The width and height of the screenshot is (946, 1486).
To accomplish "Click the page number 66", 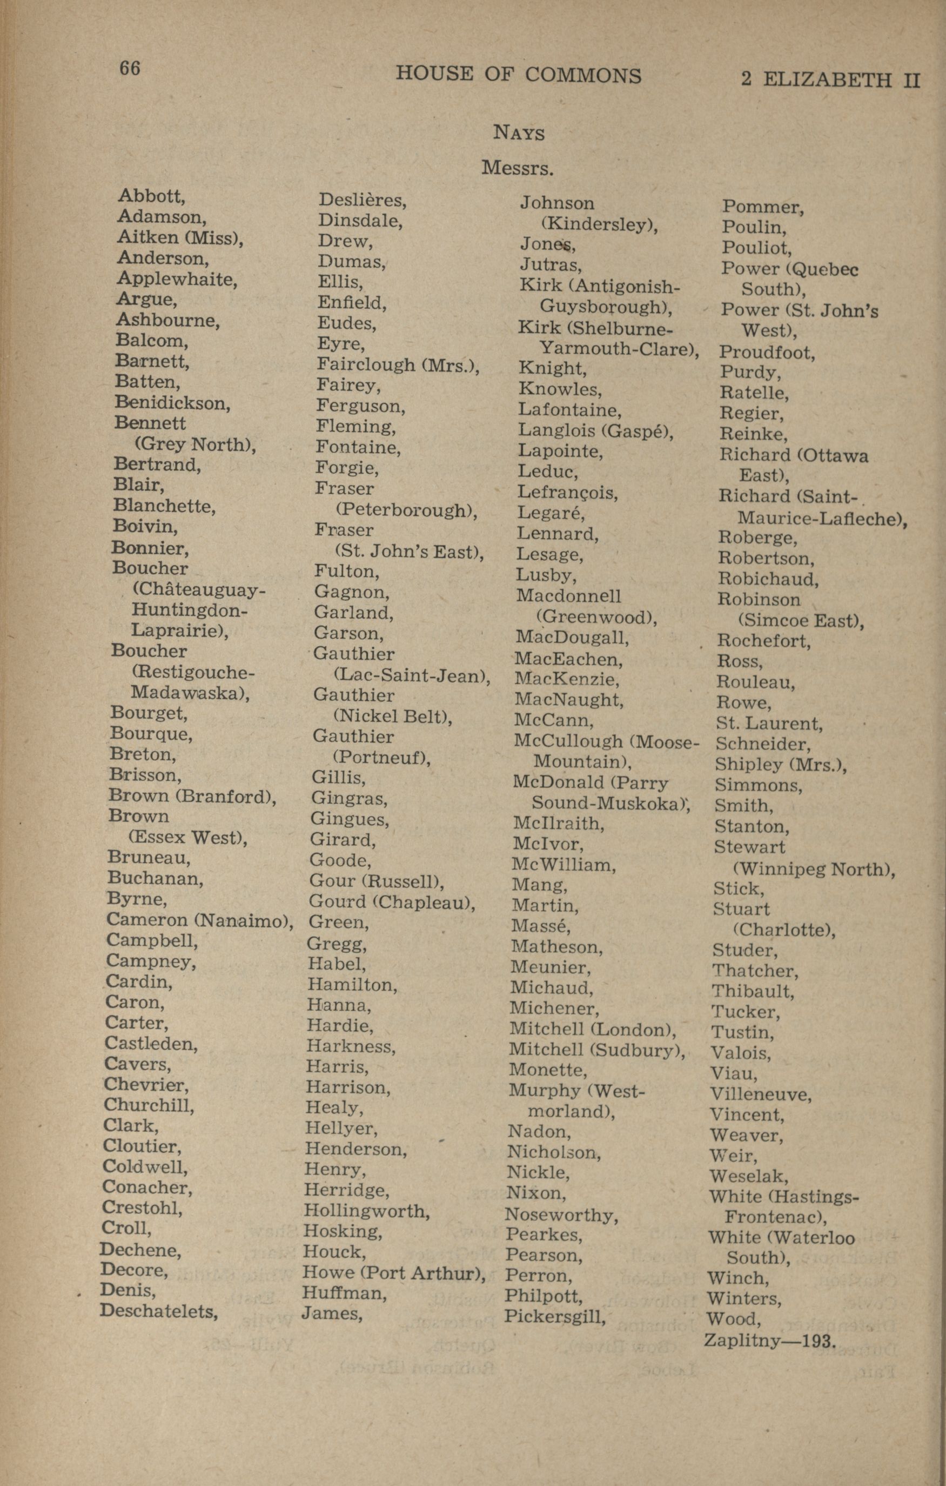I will pyautogui.click(x=130, y=68).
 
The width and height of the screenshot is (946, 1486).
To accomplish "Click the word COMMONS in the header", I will pyautogui.click(x=583, y=75).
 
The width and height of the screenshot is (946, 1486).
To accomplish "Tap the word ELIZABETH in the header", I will pyautogui.click(x=828, y=79).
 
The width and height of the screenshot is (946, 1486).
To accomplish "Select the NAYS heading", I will pyautogui.click(x=519, y=132).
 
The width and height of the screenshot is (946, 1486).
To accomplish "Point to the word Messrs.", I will pyautogui.click(x=517, y=168).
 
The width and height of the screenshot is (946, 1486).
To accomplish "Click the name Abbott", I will pyautogui.click(x=151, y=196).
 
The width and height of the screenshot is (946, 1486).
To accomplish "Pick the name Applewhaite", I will pyautogui.click(x=177, y=279).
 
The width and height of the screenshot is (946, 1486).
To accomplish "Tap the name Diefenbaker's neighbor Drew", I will pyautogui.click(x=345, y=241).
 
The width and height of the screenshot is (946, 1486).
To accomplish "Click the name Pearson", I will pyautogui.click(x=544, y=1255).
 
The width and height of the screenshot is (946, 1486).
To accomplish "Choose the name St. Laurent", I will pyautogui.click(x=769, y=723).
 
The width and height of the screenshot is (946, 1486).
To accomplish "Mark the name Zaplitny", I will pyautogui.click(x=742, y=1341).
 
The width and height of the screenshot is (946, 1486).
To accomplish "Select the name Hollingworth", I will pyautogui.click(x=366, y=1211).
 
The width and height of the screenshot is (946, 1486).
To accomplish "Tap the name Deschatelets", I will pyautogui.click(x=159, y=1311).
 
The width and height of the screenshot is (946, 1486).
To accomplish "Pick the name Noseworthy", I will pyautogui.click(x=561, y=1215).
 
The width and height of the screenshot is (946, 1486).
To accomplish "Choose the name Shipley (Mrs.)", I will pyautogui.click(x=780, y=765).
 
